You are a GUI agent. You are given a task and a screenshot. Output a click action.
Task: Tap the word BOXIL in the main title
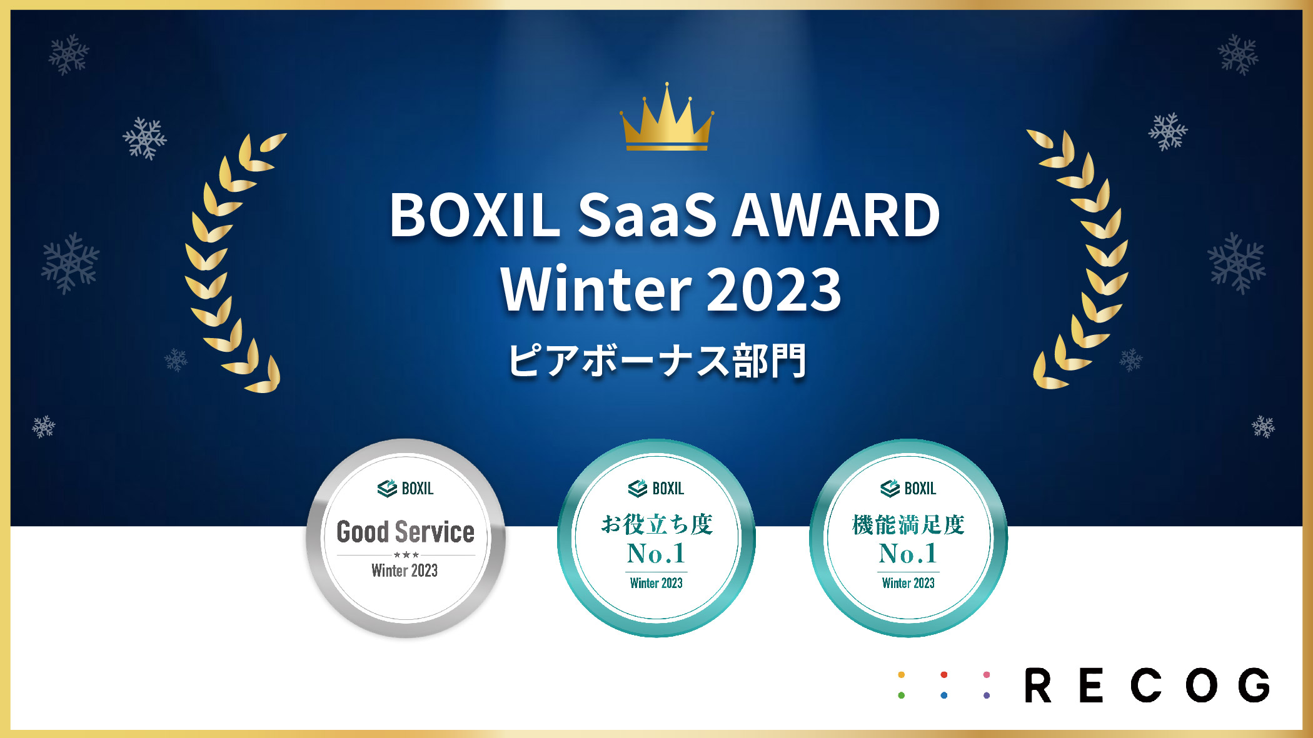(x=475, y=215)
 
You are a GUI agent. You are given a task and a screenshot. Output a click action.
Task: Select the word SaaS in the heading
(x=646, y=215)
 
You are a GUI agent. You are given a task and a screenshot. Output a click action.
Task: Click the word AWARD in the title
(x=836, y=215)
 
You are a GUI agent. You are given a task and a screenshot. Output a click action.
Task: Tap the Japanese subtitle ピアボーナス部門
(x=657, y=361)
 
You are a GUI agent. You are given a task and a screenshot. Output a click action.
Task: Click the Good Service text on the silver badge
(x=406, y=532)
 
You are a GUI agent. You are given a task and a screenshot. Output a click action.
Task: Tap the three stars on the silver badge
(x=406, y=555)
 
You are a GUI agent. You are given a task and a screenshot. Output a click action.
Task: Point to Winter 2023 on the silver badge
(x=405, y=571)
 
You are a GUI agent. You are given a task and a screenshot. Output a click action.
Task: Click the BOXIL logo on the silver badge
(x=405, y=488)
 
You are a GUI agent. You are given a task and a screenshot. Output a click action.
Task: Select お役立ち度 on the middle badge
(x=657, y=524)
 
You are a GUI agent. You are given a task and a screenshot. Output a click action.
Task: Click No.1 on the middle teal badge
(x=656, y=554)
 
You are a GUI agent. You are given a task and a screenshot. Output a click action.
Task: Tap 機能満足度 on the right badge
(x=908, y=525)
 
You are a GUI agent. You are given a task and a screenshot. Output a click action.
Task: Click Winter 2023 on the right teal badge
(x=908, y=583)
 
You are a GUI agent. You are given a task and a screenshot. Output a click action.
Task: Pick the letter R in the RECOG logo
(x=1038, y=685)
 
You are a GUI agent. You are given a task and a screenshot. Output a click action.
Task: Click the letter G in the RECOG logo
(x=1255, y=685)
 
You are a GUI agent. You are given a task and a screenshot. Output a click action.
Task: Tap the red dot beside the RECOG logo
(x=944, y=675)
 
